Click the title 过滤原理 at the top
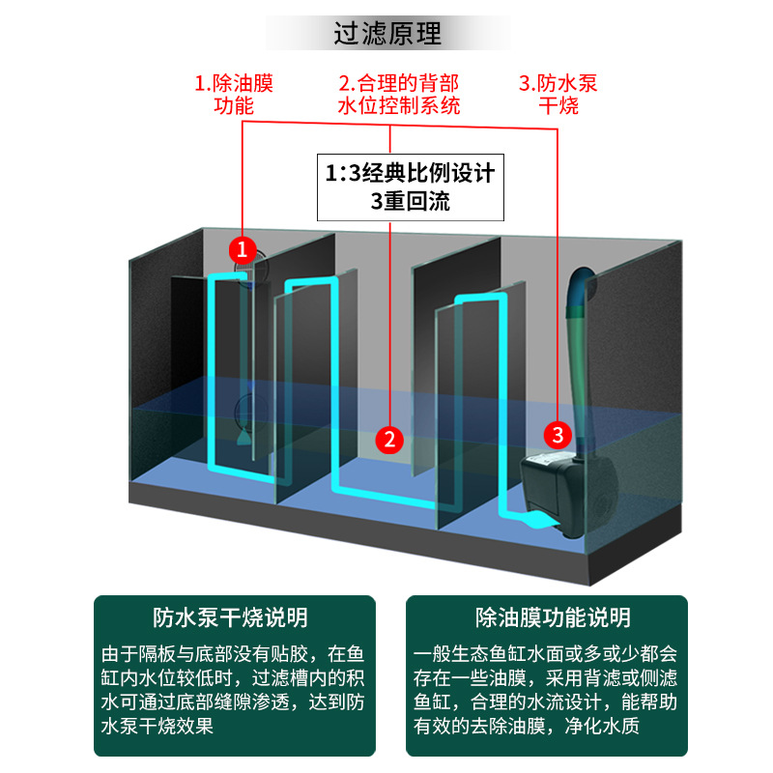tap(386, 36)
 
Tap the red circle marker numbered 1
tap(243, 250)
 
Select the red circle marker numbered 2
tap(389, 440)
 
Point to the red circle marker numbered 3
tap(558, 433)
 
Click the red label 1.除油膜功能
tap(233, 94)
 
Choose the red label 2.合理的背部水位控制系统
tap(398, 94)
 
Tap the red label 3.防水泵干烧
tap(558, 94)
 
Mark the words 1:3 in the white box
tap(344, 174)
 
